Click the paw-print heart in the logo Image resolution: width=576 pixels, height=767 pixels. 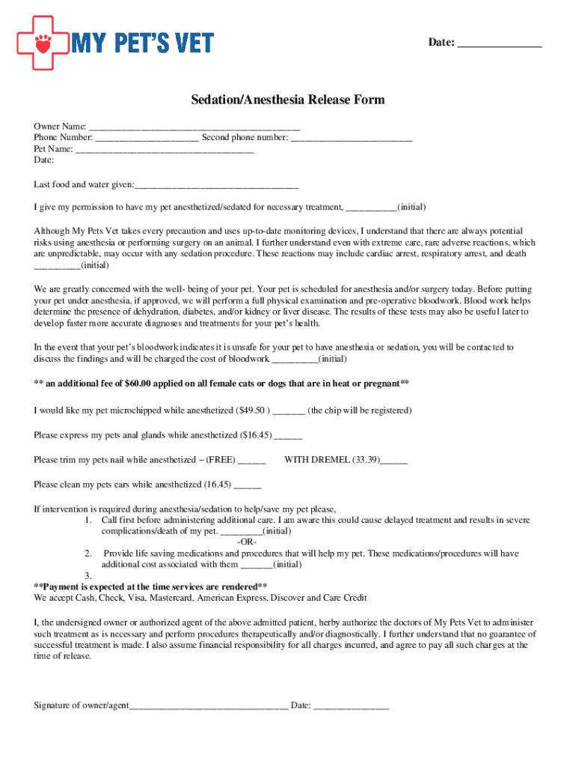click(x=43, y=43)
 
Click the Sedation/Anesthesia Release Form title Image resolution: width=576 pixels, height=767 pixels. click(x=288, y=100)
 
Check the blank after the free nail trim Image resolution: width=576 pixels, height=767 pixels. click(x=251, y=461)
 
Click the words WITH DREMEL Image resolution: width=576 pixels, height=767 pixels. click(x=317, y=460)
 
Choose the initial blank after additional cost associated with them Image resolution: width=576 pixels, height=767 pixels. click(x=257, y=566)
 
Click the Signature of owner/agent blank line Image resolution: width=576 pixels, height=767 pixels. click(x=209, y=706)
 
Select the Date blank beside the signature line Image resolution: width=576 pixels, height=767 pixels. click(x=351, y=706)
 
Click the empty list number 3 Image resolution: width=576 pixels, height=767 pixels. click(x=88, y=576)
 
